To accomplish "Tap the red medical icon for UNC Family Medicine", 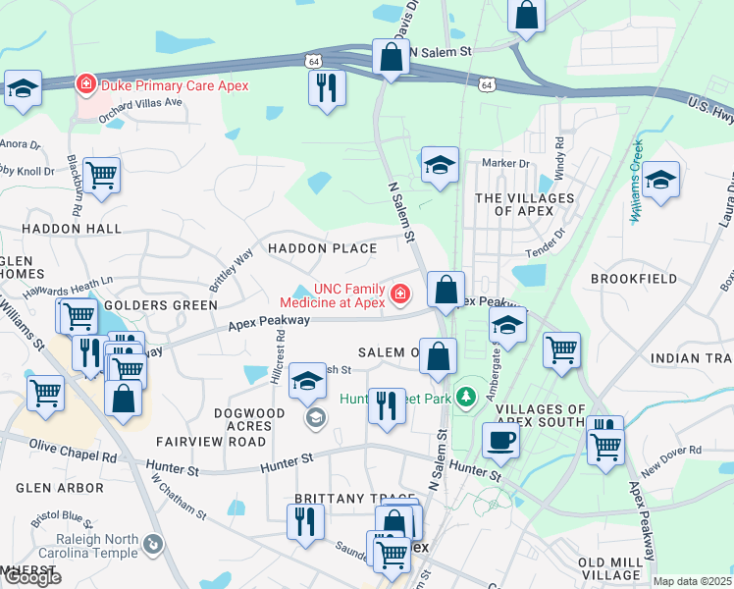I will click(x=399, y=294).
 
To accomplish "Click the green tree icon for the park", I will click(x=469, y=396).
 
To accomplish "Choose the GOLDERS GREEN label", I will click(x=167, y=305).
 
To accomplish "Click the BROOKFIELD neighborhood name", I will click(x=634, y=280).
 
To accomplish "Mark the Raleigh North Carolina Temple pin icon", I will click(x=153, y=543).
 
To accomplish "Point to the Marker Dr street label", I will click(x=505, y=163).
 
